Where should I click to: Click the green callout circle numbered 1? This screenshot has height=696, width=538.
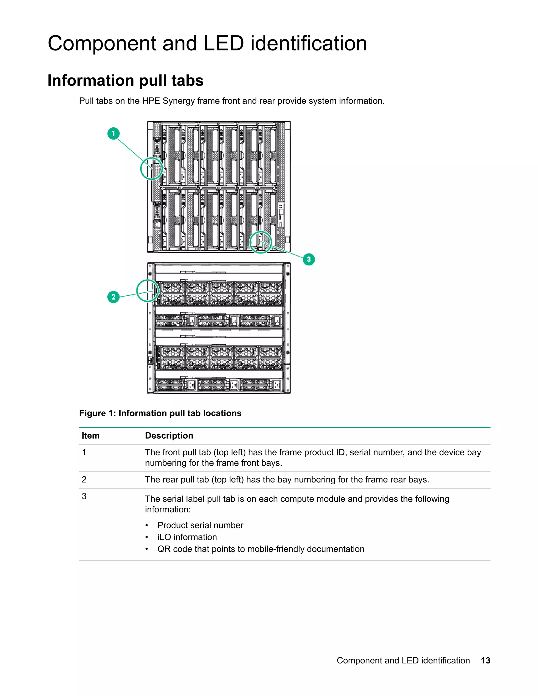[113, 133]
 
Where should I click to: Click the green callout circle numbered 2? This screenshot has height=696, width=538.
[113, 297]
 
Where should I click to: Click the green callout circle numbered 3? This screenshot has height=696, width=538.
[308, 259]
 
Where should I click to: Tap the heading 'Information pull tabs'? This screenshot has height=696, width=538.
[125, 80]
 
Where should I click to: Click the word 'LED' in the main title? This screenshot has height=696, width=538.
[224, 43]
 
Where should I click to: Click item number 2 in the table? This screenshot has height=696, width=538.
[84, 479]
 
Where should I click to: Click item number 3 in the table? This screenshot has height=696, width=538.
[84, 496]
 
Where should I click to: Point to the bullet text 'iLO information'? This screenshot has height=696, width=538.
[187, 537]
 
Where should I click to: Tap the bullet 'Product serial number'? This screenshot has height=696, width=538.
[200, 525]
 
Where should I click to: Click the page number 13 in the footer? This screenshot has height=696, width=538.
[485, 660]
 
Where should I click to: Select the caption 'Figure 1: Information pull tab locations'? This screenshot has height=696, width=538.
[160, 413]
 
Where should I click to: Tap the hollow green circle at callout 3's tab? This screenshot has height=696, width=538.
[260, 242]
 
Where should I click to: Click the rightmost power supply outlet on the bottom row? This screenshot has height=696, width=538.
[276, 385]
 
